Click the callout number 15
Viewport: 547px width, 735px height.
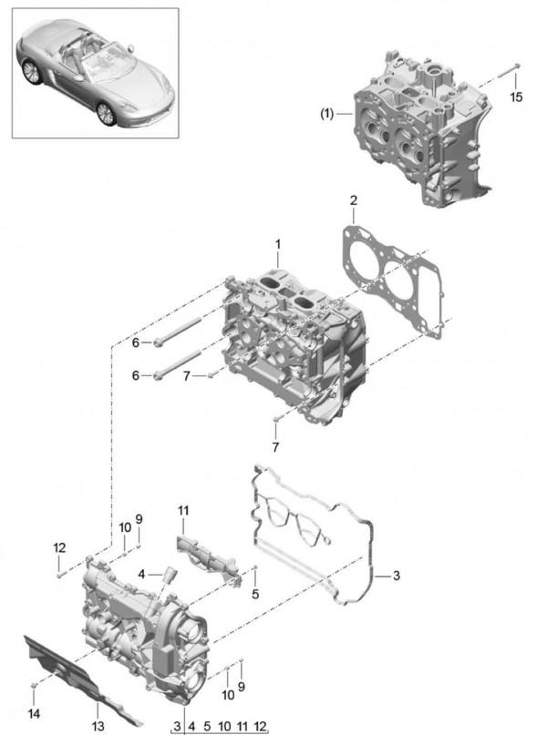coord(516,97)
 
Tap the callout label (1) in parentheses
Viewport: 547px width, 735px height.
coord(327,114)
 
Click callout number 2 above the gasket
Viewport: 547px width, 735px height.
coord(353,200)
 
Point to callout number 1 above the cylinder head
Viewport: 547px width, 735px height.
coord(278,244)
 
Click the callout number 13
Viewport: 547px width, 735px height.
coord(98,726)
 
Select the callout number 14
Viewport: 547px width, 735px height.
coord(34,713)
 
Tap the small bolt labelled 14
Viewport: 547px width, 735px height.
coord(34,685)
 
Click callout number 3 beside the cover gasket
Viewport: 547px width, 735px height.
coord(397,575)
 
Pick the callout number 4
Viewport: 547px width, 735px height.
coord(141,574)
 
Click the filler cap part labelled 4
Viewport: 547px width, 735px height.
coord(169,575)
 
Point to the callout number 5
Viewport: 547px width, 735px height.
coord(255,594)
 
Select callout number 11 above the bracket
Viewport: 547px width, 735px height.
coord(183,510)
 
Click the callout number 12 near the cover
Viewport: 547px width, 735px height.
coord(59,547)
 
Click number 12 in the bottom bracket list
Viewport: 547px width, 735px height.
coord(260,726)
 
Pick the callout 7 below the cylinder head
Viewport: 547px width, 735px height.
coord(275,446)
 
